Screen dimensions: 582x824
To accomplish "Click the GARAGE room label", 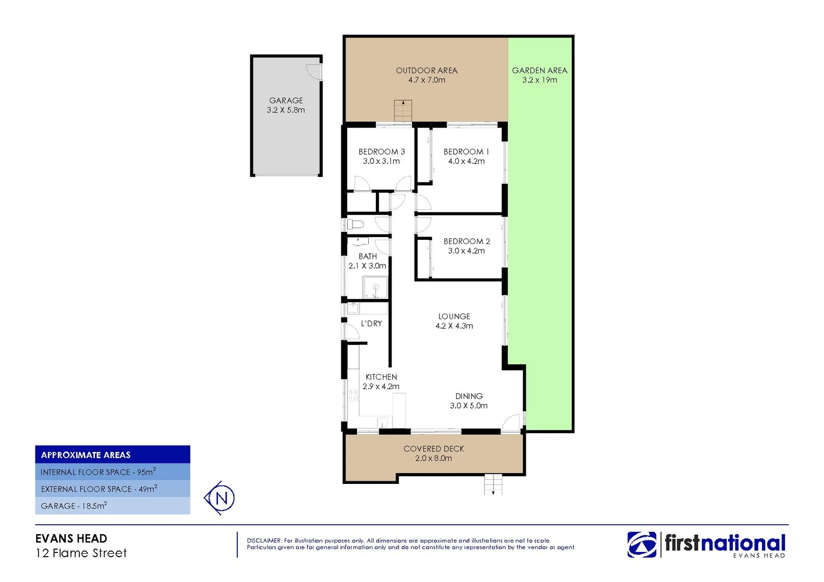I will tap(286, 101).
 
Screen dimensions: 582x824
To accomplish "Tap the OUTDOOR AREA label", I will tap(427, 71).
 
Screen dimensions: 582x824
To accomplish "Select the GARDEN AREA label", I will tap(539, 71).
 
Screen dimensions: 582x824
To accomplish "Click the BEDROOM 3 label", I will tap(381, 152).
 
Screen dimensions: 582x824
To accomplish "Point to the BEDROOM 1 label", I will tap(466, 152).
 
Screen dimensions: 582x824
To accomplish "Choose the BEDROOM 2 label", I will tap(466, 241).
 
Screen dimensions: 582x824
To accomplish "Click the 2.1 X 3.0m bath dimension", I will tap(367, 266).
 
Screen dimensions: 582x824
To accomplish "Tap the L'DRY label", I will tap(371, 323).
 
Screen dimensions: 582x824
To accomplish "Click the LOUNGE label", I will tap(454, 316).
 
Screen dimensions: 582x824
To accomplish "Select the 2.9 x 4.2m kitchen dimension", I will tap(381, 386).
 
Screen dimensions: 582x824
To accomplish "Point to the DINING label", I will tap(469, 396).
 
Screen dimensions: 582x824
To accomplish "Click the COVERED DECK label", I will tap(434, 449).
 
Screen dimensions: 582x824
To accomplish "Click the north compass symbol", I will tap(220, 498).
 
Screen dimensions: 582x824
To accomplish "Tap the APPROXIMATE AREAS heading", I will tap(86, 455).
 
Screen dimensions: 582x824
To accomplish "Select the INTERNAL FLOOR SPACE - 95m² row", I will tap(98, 472).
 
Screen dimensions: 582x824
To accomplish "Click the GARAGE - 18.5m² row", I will tap(74, 506).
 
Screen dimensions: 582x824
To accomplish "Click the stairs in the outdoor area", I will tap(403, 111).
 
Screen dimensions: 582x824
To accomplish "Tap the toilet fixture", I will tap(355, 224).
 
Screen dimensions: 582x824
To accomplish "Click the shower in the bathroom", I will tap(375, 287).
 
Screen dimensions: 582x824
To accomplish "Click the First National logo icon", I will tap(642, 544).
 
